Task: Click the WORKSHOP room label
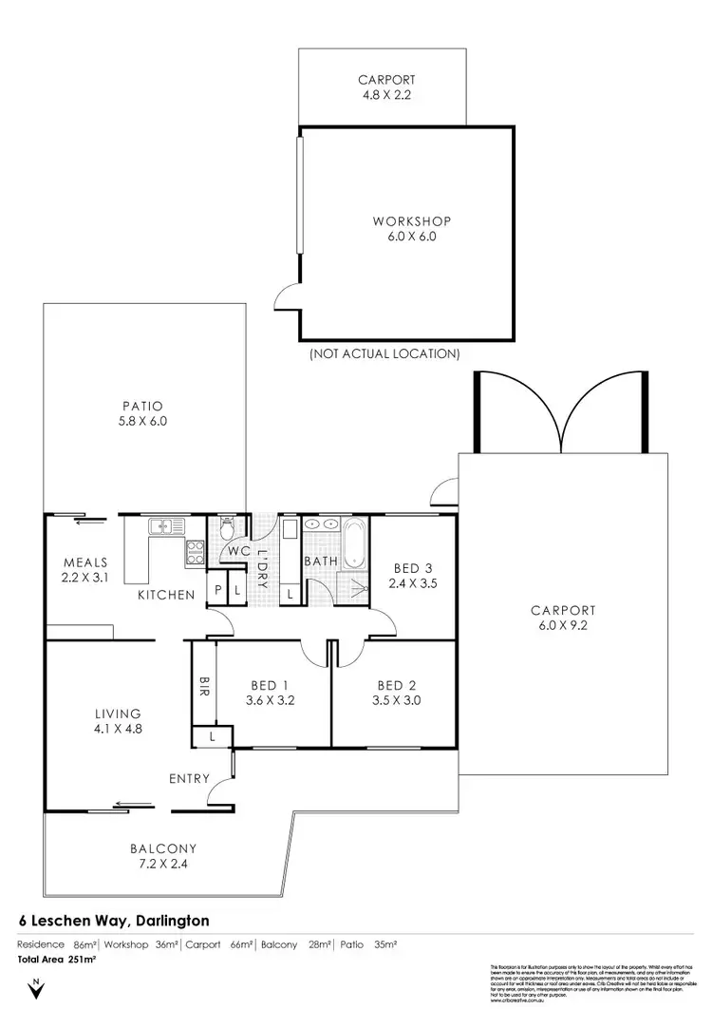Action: coord(404,222)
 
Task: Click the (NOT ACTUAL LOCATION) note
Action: coord(384,353)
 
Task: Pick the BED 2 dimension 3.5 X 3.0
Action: coord(398,700)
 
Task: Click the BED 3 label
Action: coord(413,569)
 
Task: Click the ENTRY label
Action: coord(189,779)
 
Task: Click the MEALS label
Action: coord(84,561)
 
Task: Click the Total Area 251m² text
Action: coord(58,960)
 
